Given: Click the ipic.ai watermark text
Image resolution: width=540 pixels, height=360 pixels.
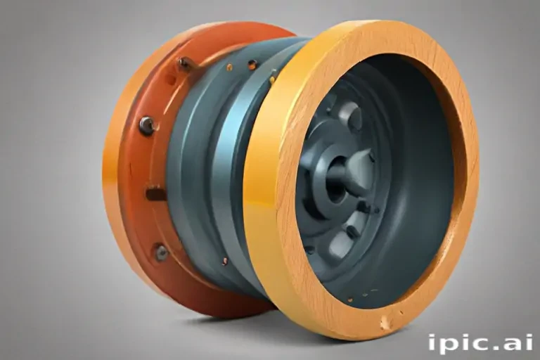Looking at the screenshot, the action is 480,343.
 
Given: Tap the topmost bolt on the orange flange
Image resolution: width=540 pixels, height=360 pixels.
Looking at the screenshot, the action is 184,63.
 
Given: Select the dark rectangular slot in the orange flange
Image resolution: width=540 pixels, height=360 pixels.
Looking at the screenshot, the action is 156,193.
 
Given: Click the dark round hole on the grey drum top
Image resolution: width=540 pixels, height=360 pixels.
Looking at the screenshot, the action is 252,64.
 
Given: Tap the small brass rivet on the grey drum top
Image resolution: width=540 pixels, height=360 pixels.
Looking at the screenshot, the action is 229,67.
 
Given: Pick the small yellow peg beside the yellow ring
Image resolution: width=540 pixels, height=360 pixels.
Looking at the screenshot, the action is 272,79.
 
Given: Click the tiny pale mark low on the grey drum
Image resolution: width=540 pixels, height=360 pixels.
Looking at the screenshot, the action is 225,261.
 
